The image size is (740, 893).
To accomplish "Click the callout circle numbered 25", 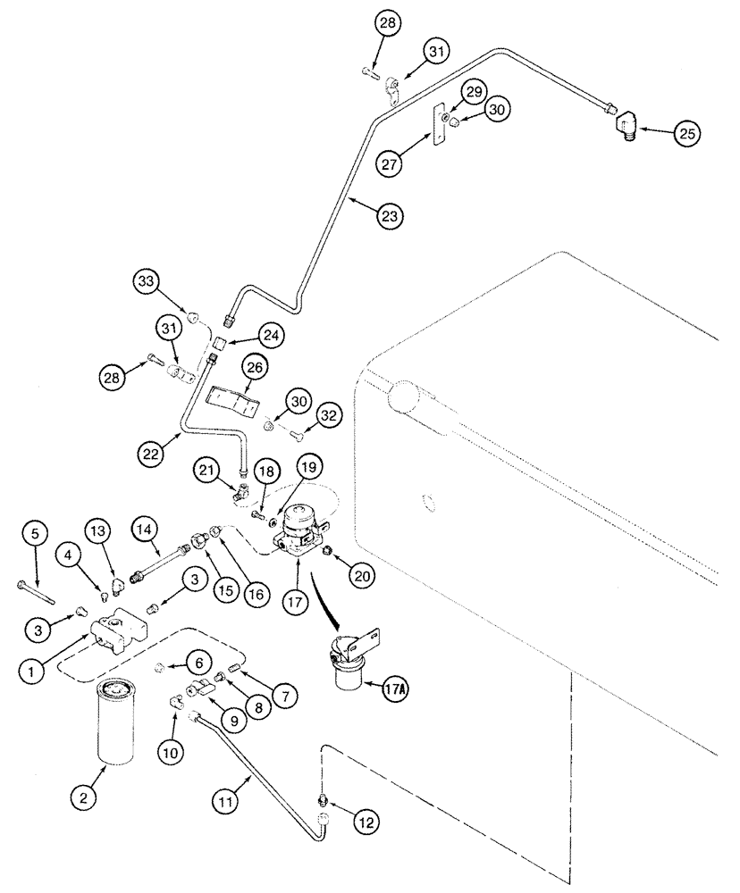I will pyautogui.click(x=685, y=133).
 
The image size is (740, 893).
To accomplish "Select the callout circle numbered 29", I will pyautogui.click(x=473, y=94).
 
